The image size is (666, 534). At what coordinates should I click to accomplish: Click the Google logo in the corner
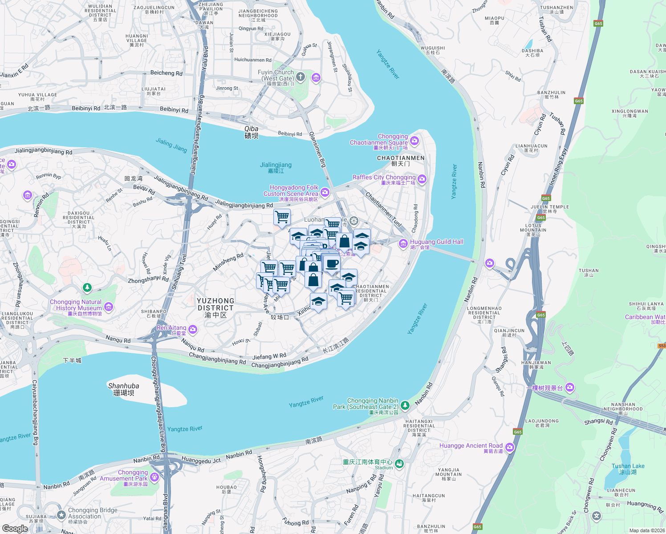point(15,528)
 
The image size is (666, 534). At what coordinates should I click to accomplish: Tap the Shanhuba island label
point(124,389)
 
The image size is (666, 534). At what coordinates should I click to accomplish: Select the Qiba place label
point(251,132)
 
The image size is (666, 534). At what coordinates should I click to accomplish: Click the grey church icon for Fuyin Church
point(301,77)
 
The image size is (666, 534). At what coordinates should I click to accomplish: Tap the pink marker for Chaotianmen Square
point(414,141)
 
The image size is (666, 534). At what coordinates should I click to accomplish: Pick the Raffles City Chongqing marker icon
point(422,179)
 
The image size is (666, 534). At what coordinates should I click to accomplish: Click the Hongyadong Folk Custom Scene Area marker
point(325,192)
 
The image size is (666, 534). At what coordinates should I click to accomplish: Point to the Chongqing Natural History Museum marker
point(109,307)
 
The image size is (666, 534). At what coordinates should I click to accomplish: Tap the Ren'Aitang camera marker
point(193,329)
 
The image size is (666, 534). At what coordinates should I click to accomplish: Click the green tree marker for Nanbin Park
point(405,405)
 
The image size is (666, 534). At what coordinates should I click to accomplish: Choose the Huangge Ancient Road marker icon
point(510,447)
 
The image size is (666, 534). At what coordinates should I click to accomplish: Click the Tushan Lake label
point(628,469)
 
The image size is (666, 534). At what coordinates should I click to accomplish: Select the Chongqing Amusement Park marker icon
point(154,477)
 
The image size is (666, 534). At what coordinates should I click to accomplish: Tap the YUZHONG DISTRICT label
point(215,307)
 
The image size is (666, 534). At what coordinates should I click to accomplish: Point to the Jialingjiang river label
point(276,167)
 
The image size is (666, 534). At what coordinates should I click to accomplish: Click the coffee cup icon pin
point(332,264)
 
